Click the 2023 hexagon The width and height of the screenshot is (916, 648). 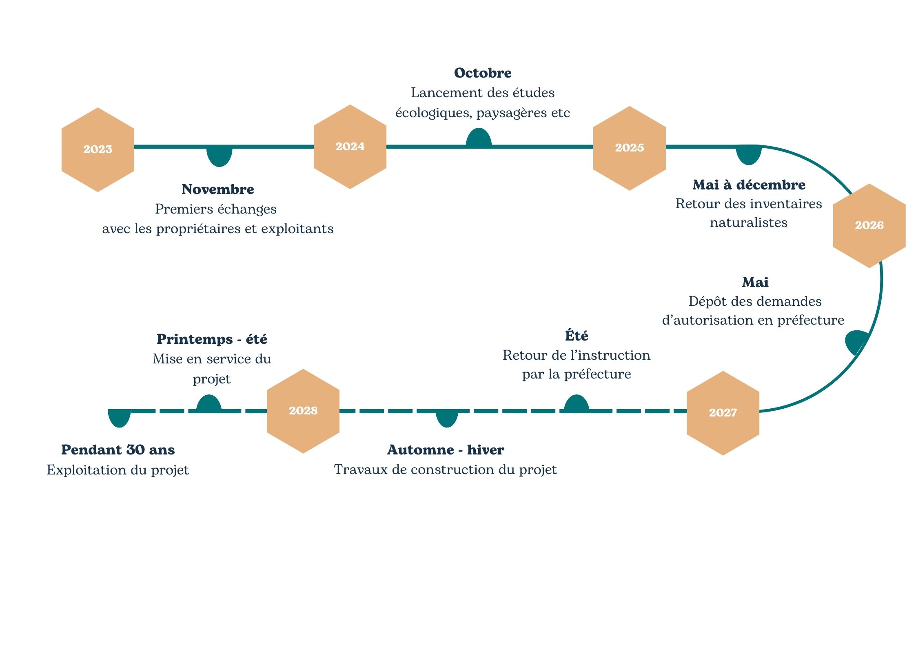(x=98, y=149)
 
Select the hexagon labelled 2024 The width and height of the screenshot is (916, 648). (x=350, y=147)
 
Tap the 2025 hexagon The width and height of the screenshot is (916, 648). (x=629, y=148)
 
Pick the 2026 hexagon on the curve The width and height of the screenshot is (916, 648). (x=869, y=225)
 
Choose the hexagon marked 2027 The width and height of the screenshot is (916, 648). (x=723, y=413)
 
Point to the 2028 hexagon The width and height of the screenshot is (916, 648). (x=303, y=411)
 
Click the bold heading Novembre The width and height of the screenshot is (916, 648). (x=218, y=189)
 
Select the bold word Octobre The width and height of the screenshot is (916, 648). (x=483, y=73)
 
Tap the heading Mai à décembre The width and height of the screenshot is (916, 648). (x=749, y=185)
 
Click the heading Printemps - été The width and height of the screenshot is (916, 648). (x=212, y=339)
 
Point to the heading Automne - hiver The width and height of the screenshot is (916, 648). (x=446, y=450)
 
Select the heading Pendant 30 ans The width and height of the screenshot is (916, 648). (x=118, y=450)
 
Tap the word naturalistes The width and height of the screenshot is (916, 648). (x=749, y=223)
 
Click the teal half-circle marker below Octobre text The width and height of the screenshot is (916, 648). (x=479, y=138)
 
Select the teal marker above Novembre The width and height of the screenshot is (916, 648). (x=219, y=156)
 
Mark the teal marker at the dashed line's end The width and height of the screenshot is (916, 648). (x=119, y=418)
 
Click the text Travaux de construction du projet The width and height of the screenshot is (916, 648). (x=445, y=470)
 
